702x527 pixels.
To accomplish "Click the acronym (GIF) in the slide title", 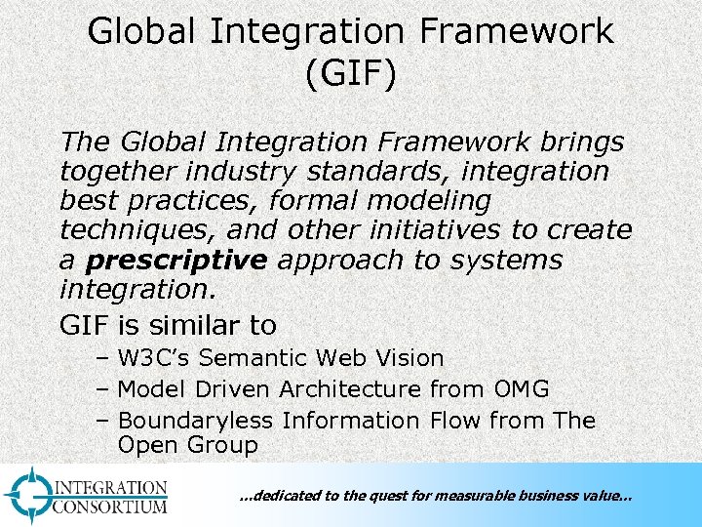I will coord(350,74).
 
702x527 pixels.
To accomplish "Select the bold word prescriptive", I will coord(175,261).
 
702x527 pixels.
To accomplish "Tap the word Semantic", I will coord(254,359).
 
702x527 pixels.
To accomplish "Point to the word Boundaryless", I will coord(196,421).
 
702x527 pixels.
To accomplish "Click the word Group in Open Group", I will coord(223,446).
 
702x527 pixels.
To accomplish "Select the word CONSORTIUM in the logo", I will coord(110,507).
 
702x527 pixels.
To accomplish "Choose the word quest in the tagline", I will coord(386,497).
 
